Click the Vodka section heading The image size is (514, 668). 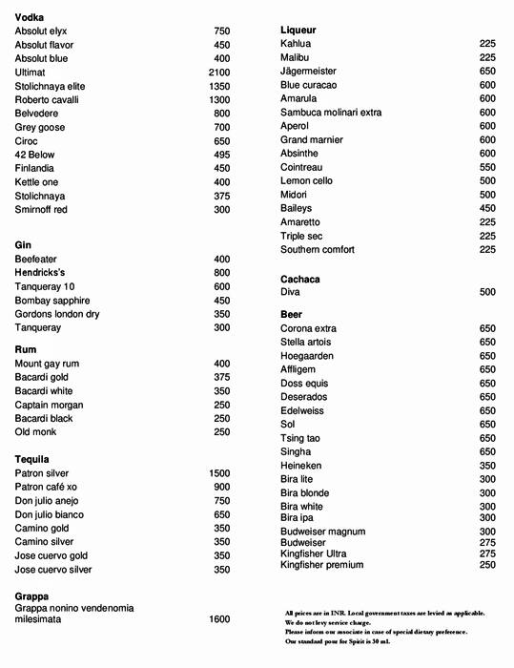coord(30,17)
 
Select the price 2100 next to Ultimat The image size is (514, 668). coord(218,73)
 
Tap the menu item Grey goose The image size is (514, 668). coord(41,127)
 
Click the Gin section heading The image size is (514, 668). coord(23,245)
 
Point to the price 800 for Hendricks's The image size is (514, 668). coord(221,273)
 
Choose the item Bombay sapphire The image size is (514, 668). coord(55,301)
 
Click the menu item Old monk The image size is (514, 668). coord(37,432)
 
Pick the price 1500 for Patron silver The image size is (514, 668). coord(218,473)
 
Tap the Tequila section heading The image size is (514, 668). coord(31,460)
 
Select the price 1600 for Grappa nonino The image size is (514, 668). coord(218,619)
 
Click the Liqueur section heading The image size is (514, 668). coord(298,31)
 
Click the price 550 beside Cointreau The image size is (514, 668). coord(487,167)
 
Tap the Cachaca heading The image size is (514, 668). coord(300,279)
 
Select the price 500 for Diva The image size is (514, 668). coord(487,292)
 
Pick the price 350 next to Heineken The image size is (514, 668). coord(487,466)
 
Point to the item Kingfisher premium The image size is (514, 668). coord(321,565)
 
